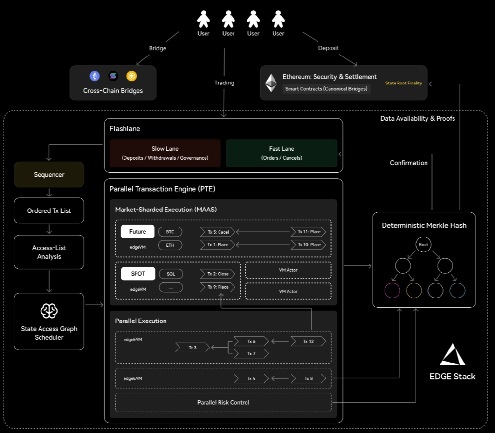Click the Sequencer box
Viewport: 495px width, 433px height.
click(x=49, y=174)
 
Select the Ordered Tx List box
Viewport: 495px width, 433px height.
click(x=49, y=210)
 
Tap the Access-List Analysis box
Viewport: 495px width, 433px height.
click(x=49, y=252)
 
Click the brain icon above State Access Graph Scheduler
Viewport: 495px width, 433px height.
click(x=49, y=311)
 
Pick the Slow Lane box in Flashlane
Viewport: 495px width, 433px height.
click(x=165, y=153)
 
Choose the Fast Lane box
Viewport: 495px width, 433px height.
click(x=281, y=153)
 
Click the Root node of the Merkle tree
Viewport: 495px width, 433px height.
click(x=423, y=245)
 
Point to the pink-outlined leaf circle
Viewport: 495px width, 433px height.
click(x=392, y=290)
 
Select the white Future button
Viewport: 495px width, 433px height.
click(x=137, y=232)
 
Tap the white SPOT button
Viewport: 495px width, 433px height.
click(x=137, y=274)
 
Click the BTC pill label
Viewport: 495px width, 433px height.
click(x=170, y=232)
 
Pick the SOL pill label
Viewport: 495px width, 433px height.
click(x=171, y=274)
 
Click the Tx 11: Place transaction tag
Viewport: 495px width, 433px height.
click(x=308, y=232)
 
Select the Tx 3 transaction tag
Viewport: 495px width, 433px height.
click(x=192, y=347)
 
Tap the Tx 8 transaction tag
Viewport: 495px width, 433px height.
click(x=308, y=378)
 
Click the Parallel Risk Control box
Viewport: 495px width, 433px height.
click(x=223, y=403)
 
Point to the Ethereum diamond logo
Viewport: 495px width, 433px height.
click(x=271, y=83)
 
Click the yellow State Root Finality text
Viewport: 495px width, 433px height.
click(x=403, y=83)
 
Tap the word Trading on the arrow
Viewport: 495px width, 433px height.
click(x=224, y=83)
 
